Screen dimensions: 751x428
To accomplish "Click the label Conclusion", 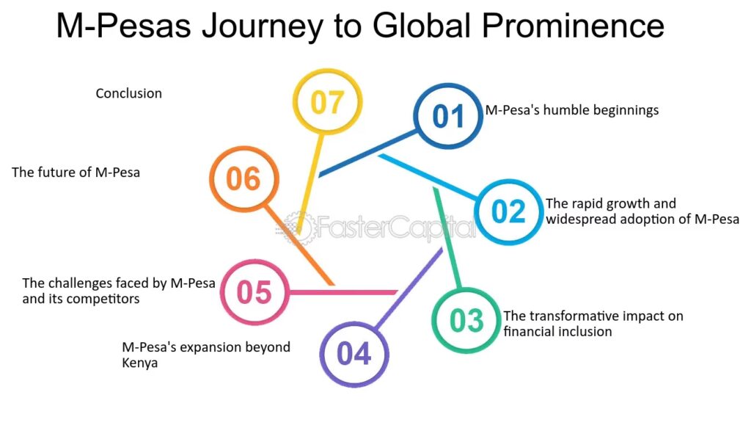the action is click(129, 93).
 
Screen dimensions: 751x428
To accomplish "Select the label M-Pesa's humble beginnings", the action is click(572, 110).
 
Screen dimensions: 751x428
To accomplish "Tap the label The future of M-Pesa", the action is click(76, 173).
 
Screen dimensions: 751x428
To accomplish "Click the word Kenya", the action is click(140, 363).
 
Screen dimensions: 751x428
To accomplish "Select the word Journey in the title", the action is click(262, 26).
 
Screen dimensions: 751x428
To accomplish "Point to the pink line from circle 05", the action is click(343, 292).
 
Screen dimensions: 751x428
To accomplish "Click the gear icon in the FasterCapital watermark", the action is click(298, 227).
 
